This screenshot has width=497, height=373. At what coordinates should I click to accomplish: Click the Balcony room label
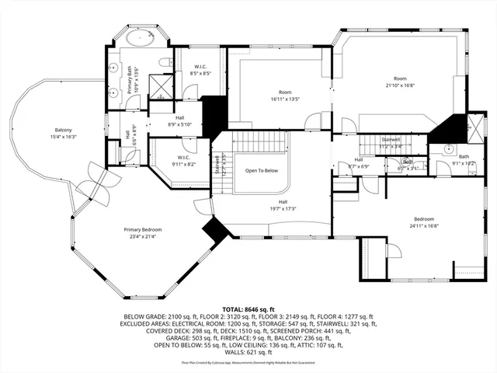64,133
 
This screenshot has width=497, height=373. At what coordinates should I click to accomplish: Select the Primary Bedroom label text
141,233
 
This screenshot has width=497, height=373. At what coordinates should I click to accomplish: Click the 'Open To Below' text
262,170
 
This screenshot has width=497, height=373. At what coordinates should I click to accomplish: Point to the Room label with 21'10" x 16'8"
400,82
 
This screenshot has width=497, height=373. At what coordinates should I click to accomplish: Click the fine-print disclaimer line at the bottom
248,362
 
